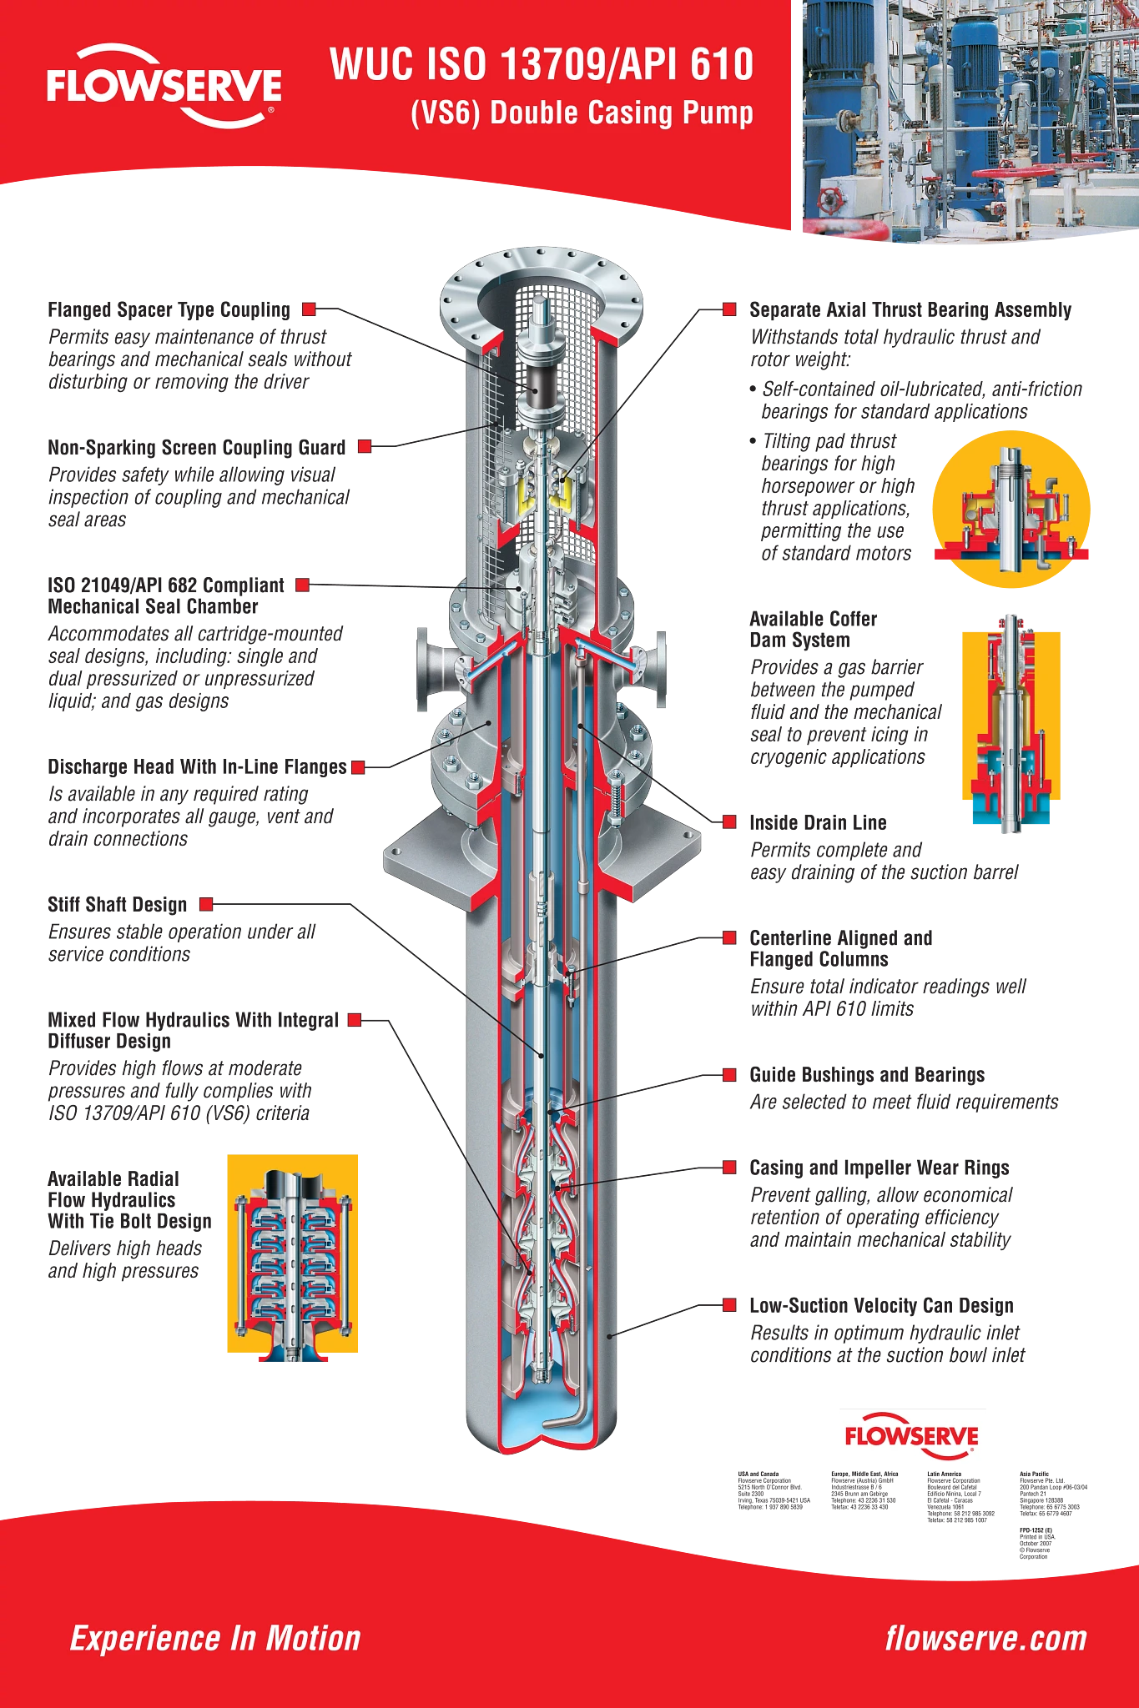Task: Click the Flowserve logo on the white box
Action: (x=910, y=1438)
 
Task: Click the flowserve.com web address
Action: (x=986, y=1638)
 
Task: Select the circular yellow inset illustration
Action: (x=1010, y=509)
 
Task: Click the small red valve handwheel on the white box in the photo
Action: (x=830, y=200)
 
